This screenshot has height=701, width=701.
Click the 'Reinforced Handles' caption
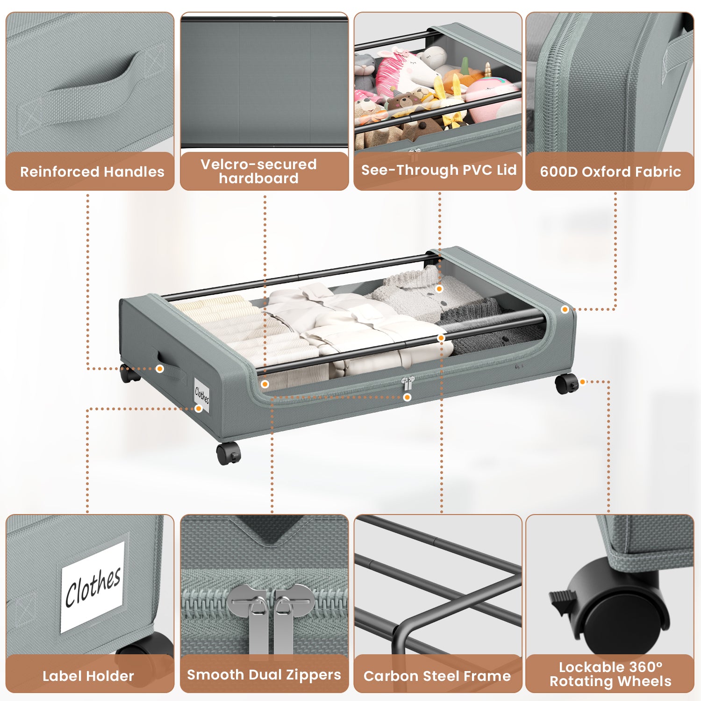tap(92, 172)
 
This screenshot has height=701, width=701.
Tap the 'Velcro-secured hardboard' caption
tap(258, 171)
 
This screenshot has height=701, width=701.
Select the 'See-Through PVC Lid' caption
tap(438, 170)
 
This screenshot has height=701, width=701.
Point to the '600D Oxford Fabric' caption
tap(610, 172)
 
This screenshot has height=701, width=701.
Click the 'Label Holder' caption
tap(88, 676)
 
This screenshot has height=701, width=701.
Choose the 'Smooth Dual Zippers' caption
tap(264, 675)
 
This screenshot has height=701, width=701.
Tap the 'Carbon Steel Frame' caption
tap(437, 676)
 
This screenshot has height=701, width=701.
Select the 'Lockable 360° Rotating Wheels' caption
tap(610, 674)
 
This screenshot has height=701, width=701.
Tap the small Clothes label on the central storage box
tap(202, 395)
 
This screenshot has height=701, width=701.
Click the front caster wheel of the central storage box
tap(229, 453)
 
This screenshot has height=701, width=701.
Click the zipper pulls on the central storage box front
tap(408, 384)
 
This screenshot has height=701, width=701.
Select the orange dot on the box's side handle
tap(160, 369)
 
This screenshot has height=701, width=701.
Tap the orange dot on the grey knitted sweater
tap(439, 289)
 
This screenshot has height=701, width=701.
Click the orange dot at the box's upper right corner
tap(565, 309)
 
